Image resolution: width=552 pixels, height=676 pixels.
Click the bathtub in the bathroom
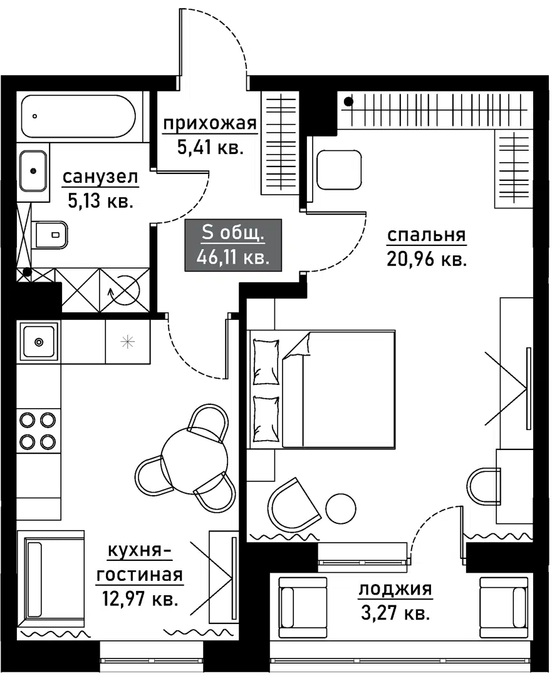tap(78, 116)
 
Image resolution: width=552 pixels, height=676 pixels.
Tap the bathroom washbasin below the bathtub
tap(33, 170)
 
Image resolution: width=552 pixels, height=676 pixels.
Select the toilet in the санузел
tap(51, 235)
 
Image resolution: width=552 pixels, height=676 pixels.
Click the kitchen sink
tap(39, 342)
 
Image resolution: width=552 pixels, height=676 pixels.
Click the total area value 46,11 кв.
tap(233, 258)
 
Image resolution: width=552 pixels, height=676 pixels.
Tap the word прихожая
tap(210, 125)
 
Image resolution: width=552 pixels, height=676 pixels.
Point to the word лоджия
tap(395, 589)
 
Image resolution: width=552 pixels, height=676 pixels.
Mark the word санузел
tap(100, 178)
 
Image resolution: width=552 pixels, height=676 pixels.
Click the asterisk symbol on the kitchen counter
tap(128, 342)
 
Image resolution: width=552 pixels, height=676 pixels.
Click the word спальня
tap(426, 235)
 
